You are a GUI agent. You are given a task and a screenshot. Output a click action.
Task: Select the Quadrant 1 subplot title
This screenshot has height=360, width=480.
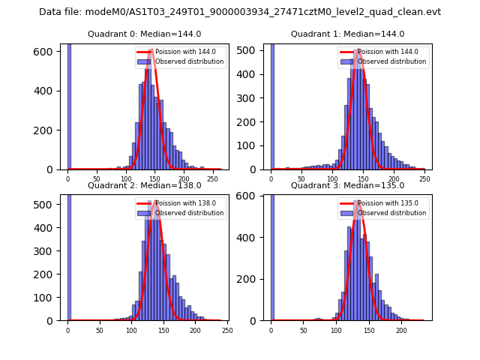(347, 34)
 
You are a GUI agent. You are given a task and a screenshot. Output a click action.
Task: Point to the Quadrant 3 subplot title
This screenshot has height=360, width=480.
(347, 185)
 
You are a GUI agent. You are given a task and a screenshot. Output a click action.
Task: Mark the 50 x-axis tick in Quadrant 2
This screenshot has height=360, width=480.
(100, 331)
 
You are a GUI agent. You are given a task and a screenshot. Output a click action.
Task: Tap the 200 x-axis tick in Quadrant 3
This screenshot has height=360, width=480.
(401, 331)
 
